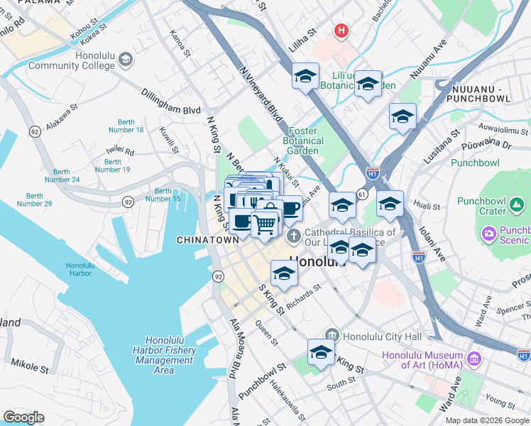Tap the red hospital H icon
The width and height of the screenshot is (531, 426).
coord(342,31)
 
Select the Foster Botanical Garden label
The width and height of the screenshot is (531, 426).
coord(307,141)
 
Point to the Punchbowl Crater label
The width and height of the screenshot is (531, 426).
coord(498,206)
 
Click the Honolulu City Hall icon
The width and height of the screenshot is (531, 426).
coord(332,335)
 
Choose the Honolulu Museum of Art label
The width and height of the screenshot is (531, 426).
coord(422,360)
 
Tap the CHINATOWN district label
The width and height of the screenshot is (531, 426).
coord(207,241)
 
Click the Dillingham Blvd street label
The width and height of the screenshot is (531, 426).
coord(170,102)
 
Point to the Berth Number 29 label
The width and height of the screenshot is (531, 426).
coord(35,200)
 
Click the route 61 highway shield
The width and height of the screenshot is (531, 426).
coord(362,193)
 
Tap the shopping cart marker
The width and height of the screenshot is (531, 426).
coord(265,224)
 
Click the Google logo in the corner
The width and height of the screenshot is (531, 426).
coord(23,417)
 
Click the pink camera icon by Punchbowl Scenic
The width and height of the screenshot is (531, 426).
coord(488,234)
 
